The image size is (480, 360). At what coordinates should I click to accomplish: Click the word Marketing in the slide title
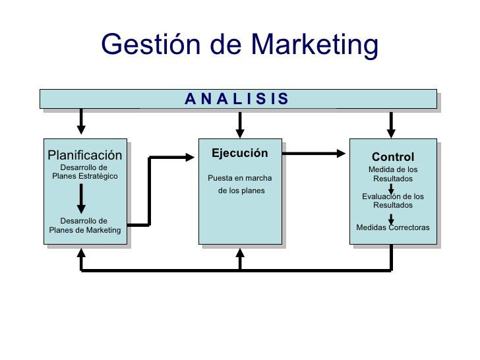tap(315, 45)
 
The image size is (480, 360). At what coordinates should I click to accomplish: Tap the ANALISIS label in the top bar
tap(237, 99)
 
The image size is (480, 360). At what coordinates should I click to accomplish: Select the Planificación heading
tap(85, 155)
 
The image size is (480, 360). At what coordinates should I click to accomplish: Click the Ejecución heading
tap(240, 153)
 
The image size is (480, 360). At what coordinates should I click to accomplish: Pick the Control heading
tap(393, 157)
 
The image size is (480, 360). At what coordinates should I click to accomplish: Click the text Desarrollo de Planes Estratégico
tap(84, 172)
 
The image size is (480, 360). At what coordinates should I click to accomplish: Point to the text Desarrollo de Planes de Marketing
tap(84, 225)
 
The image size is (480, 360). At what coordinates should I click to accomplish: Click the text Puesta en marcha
tap(240, 178)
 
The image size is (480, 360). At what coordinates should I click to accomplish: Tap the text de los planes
tap(241, 191)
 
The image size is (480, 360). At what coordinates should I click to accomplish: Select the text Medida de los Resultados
tap(393, 174)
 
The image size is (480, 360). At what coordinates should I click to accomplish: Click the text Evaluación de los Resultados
tap(393, 200)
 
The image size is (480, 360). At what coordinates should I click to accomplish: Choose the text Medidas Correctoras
tap(393, 227)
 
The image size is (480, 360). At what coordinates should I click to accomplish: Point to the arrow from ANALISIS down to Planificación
tap(82, 121)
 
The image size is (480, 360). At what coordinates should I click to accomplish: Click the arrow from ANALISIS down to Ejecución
tap(240, 122)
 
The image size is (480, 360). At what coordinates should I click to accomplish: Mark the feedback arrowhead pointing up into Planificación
tap(82, 253)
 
